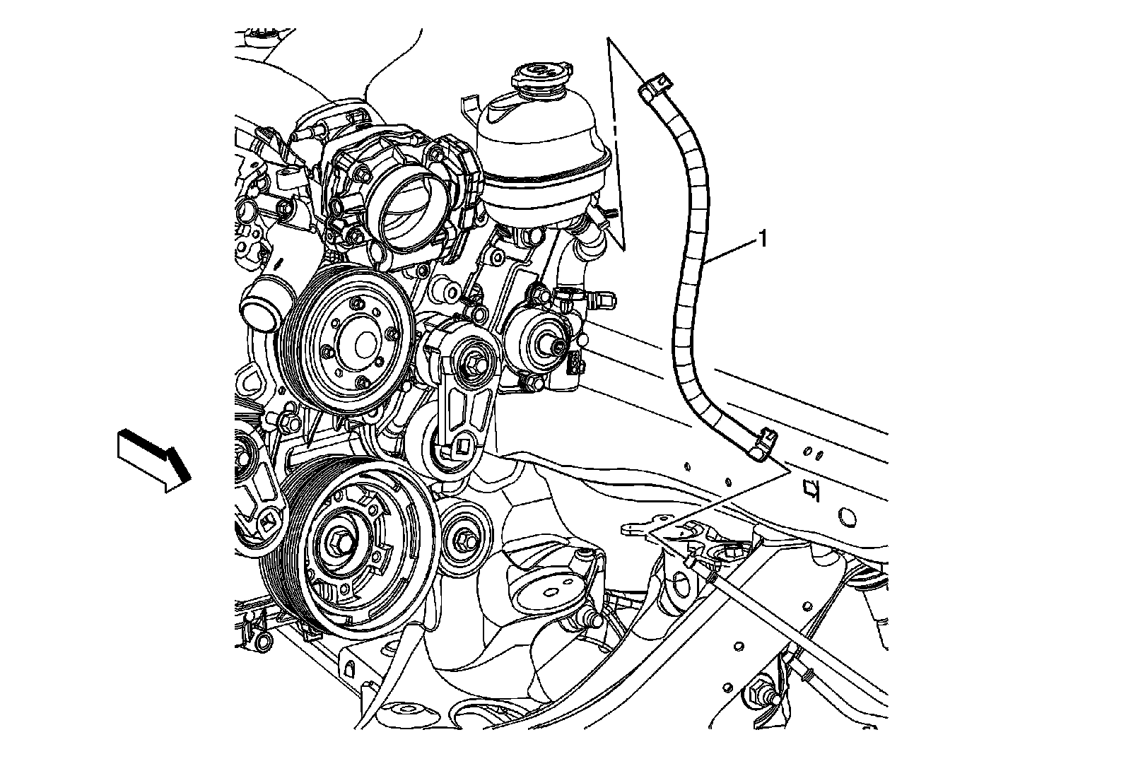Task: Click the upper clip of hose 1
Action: [655, 86]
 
